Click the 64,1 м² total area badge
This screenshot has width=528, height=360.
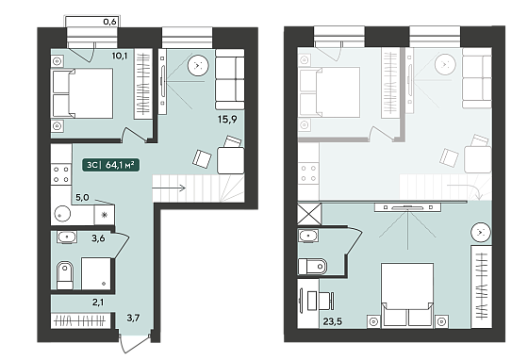pyautogui.click(x=111, y=165)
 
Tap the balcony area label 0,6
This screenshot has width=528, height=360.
pyautogui.click(x=109, y=22)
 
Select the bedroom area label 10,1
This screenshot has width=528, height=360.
pyautogui.click(x=120, y=56)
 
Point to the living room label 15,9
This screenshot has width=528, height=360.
pyautogui.click(x=227, y=119)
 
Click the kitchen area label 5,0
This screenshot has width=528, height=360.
pyautogui.click(x=82, y=197)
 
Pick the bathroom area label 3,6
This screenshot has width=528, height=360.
pyautogui.click(x=98, y=238)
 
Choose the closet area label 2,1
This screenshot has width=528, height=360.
pyautogui.click(x=98, y=303)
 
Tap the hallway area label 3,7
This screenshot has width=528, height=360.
pyautogui.click(x=133, y=318)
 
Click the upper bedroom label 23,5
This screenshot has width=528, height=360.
pyautogui.click(x=332, y=321)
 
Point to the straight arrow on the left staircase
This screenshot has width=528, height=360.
pyautogui.click(x=169, y=188)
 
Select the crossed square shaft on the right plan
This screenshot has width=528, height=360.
pyautogui.click(x=309, y=214)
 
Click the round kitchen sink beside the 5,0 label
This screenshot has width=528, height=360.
pyautogui.click(x=61, y=214)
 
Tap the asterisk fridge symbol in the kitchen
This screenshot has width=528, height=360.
pyautogui.click(x=105, y=214)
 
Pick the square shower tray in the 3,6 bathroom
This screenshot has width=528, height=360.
pyautogui.click(x=96, y=273)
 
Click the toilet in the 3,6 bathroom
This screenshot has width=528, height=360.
pyautogui.click(x=65, y=275)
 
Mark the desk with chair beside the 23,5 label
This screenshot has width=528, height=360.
pyautogui.click(x=316, y=301)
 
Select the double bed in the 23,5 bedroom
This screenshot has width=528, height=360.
pyautogui.click(x=407, y=295)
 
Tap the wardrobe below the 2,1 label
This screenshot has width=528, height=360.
pyautogui.click(x=80, y=320)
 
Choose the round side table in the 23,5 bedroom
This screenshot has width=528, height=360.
pyautogui.click(x=481, y=232)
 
